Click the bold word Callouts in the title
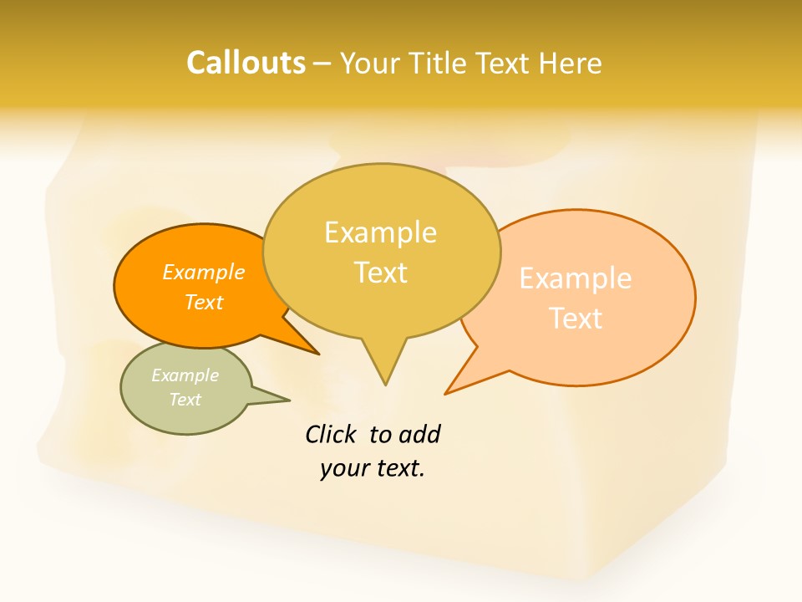click(246, 63)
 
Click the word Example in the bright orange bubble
click(204, 272)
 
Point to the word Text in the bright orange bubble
click(204, 302)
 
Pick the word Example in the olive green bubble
click(185, 375)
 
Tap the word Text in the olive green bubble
click(185, 400)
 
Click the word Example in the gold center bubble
click(380, 232)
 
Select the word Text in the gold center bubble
click(380, 273)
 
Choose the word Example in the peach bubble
click(576, 278)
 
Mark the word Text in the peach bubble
click(576, 319)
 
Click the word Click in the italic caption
click(332, 434)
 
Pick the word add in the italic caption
click(419, 434)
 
